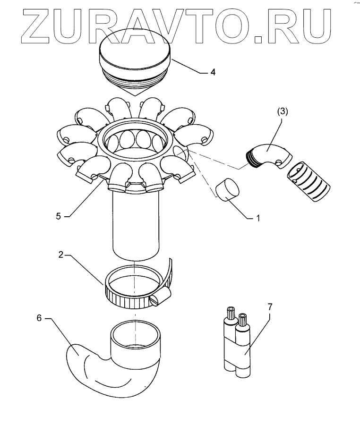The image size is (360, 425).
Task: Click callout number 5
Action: click(x=59, y=216)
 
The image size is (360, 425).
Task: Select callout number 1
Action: click(x=258, y=219)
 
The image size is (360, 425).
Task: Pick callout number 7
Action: click(x=270, y=307)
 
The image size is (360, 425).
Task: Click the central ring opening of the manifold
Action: click(x=136, y=142)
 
